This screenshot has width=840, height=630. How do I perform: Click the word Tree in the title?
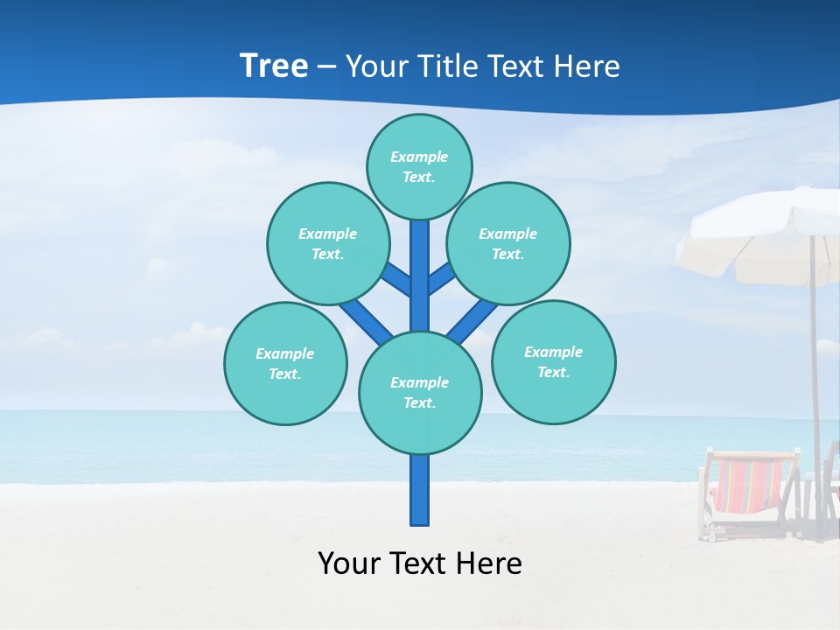click(274, 66)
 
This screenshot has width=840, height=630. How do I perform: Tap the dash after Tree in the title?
click(326, 67)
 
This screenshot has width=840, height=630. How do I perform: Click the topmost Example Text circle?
click(419, 166)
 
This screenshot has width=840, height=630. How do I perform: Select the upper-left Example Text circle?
click(327, 243)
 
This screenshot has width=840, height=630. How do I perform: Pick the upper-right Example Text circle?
click(507, 243)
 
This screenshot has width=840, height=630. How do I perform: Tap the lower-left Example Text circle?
click(284, 363)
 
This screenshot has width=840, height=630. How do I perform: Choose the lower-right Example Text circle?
click(553, 361)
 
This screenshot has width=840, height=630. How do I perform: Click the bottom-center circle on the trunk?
click(420, 392)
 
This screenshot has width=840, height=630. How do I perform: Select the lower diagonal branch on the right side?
click(472, 320)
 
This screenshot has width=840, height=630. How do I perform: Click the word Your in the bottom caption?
click(349, 563)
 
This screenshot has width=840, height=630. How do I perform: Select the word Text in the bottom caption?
click(419, 563)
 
